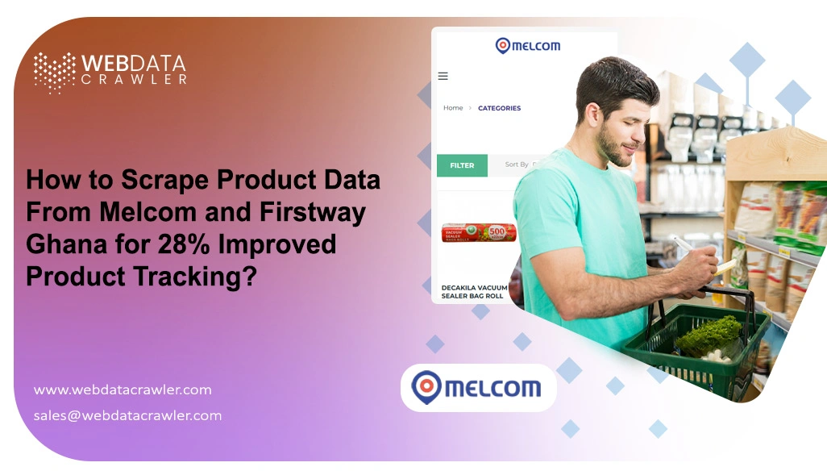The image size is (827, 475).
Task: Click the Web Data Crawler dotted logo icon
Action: click(x=54, y=72)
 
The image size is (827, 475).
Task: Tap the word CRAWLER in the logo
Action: click(x=134, y=80)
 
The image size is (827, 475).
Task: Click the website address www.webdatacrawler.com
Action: click(x=123, y=390)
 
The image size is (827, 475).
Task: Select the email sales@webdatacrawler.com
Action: click(x=127, y=415)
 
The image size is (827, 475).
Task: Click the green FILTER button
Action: click(x=462, y=165)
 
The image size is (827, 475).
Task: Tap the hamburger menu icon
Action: click(x=443, y=77)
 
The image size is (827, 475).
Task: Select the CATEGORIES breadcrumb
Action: click(x=499, y=108)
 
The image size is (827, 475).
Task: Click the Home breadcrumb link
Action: click(x=453, y=108)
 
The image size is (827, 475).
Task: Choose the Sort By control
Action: click(x=517, y=165)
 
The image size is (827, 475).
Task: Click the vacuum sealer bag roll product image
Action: click(x=479, y=233)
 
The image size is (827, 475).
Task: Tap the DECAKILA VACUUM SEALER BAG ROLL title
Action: click(x=474, y=292)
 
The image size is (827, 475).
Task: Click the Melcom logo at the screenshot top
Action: click(x=527, y=45)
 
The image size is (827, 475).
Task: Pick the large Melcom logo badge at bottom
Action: click(x=478, y=388)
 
